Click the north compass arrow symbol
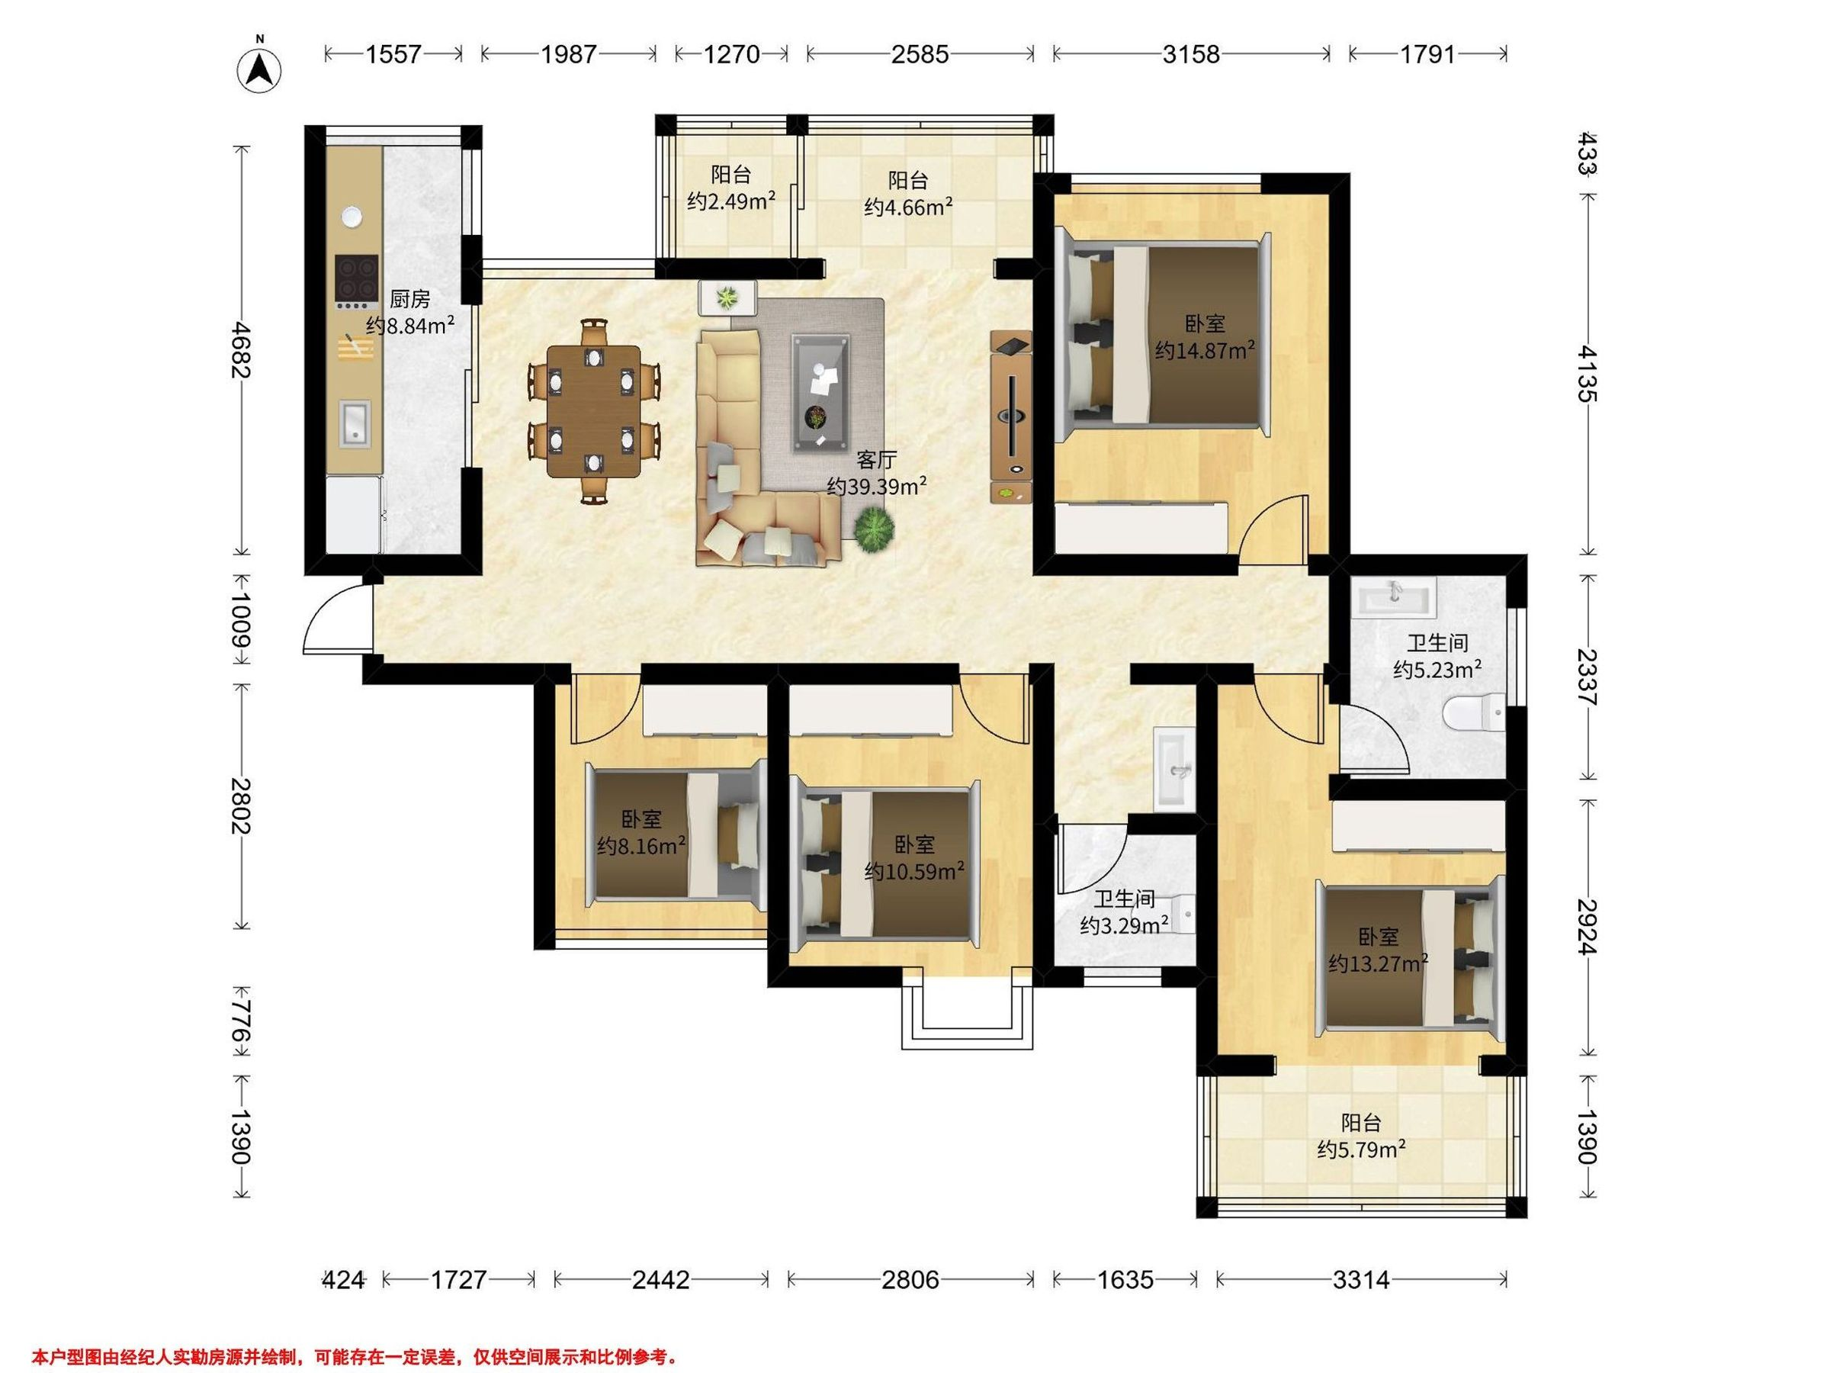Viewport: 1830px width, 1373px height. coord(260,69)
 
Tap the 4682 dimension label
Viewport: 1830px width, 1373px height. coord(241,349)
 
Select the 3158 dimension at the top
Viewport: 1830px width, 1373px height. coord(1191,54)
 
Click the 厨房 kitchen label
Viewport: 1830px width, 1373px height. coord(409,299)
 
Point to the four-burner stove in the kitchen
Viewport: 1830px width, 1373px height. coord(357,277)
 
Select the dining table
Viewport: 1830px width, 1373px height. coord(594,411)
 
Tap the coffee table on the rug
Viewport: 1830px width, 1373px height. coord(821,392)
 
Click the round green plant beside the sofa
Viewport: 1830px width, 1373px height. coord(874,529)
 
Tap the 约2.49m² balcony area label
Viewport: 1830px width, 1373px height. coord(731,201)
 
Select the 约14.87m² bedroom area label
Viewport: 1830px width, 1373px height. coord(1206,351)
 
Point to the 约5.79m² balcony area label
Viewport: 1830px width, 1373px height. coord(1362,1150)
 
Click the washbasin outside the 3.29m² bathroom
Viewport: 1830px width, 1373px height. coord(1175,770)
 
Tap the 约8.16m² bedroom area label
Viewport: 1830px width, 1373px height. coord(641,846)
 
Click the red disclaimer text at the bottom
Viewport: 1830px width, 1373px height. coord(355,1334)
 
